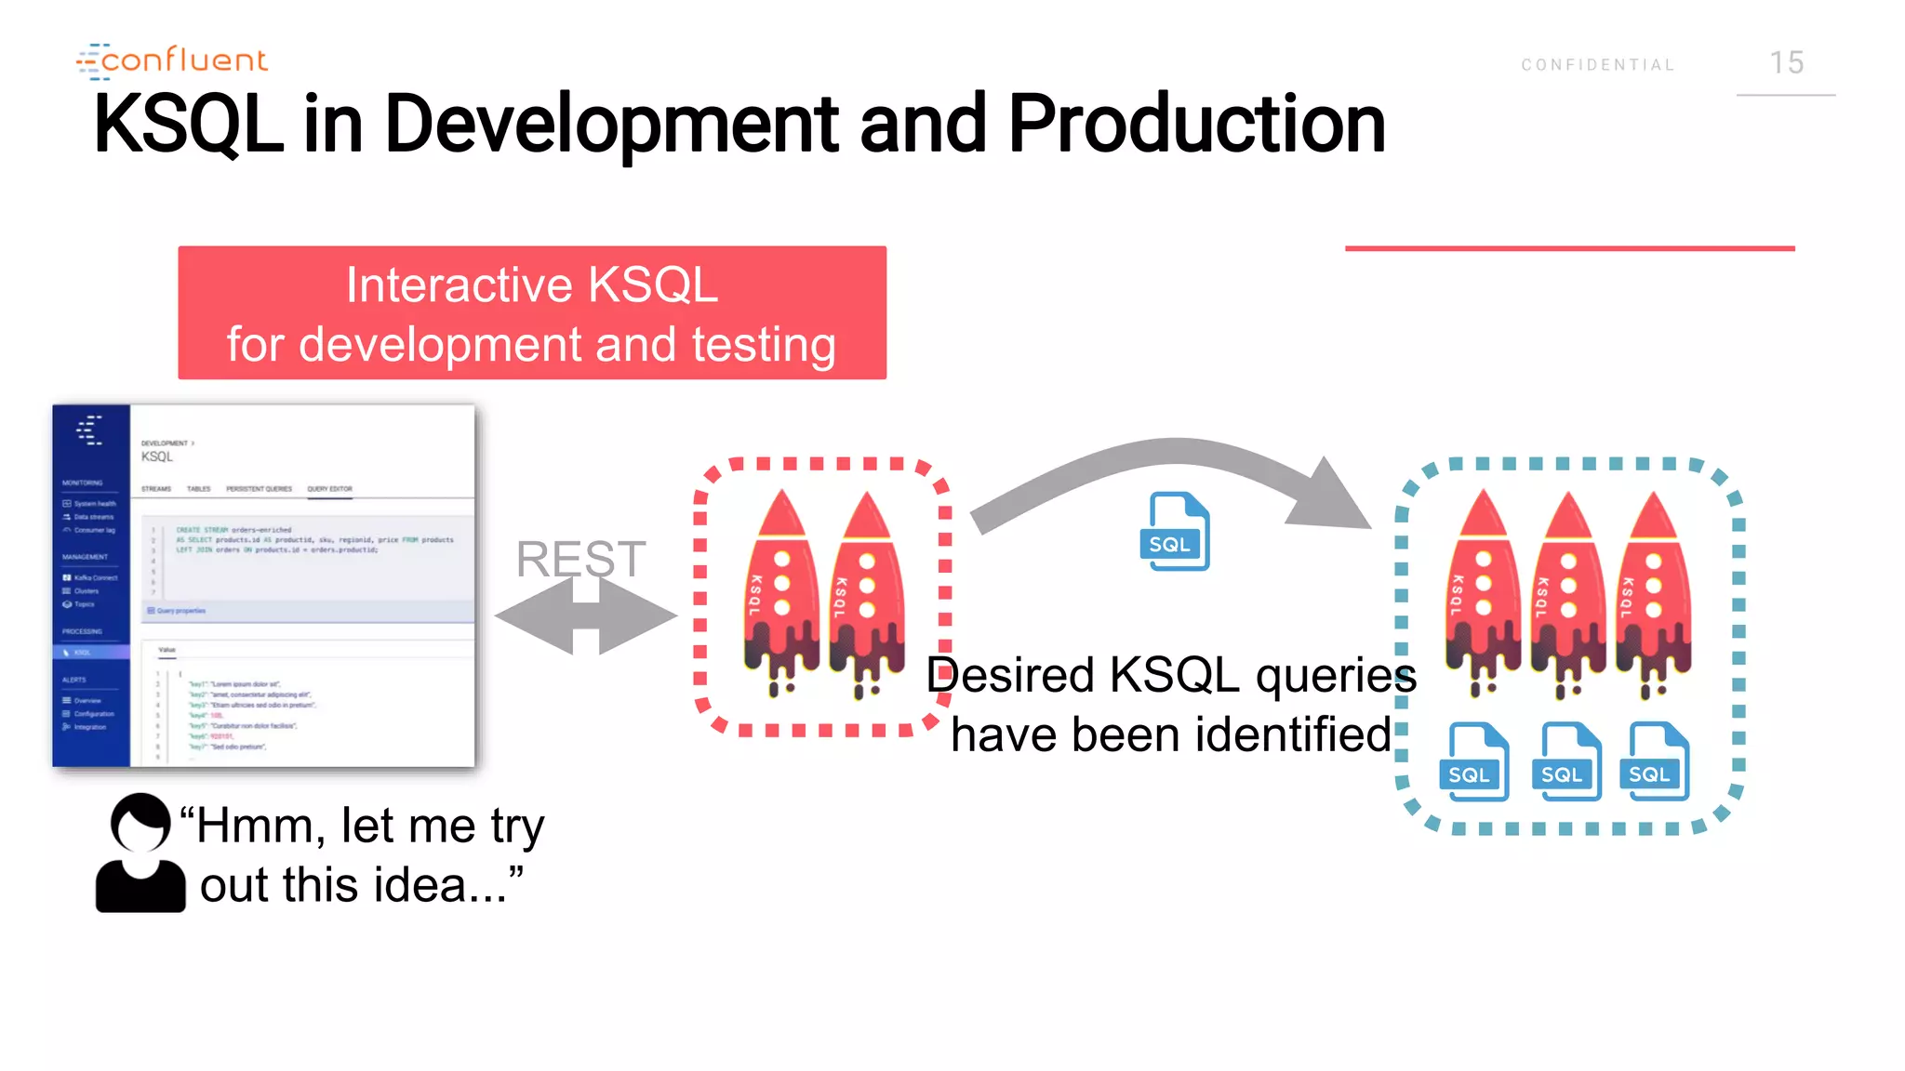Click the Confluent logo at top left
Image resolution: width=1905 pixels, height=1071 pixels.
coord(173,60)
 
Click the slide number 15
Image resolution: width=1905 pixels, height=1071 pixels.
coord(1786,63)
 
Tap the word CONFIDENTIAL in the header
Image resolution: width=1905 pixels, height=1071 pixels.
coord(1597,65)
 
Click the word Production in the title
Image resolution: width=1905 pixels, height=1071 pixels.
coord(1196,125)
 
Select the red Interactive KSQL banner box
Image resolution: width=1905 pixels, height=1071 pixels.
coord(532,312)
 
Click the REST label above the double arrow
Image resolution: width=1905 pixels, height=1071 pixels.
coord(580,559)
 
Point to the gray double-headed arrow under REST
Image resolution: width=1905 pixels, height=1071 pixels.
coord(586,615)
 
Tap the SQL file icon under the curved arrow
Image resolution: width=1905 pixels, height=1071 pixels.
coord(1174,532)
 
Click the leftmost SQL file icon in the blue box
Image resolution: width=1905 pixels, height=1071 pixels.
coord(1474,761)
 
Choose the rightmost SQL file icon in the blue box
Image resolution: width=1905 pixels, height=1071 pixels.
coord(1655,761)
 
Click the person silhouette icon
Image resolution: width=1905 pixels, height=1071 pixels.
coord(140,853)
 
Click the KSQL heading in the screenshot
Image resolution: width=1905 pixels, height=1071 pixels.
coord(157,456)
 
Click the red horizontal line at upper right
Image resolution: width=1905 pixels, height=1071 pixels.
coord(1569,248)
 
